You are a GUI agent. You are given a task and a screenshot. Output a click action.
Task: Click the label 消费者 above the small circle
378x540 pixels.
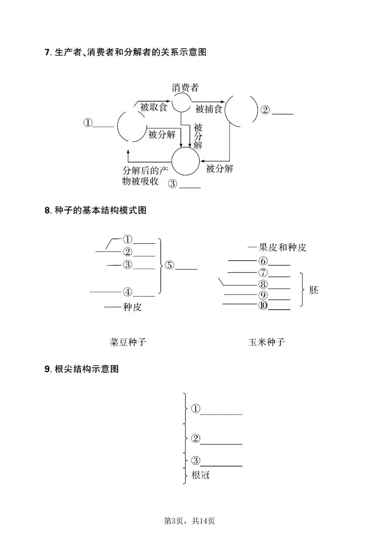(x=185, y=88)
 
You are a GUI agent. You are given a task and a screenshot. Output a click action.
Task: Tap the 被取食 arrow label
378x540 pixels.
(x=154, y=107)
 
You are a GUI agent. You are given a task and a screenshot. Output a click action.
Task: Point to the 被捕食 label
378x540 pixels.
(x=209, y=109)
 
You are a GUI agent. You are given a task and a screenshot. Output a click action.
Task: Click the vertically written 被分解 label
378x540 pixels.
(x=198, y=137)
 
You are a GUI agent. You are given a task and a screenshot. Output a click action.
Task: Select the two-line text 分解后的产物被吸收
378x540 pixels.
(x=141, y=176)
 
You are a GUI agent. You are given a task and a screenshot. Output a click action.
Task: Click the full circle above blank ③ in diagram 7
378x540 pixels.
(x=185, y=161)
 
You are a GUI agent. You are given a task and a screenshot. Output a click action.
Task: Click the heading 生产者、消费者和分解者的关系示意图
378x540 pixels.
(x=131, y=53)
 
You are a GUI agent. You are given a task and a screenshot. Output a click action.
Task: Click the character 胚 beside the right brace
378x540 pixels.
(x=314, y=290)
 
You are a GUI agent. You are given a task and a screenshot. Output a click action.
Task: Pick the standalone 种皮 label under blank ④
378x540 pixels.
(x=132, y=307)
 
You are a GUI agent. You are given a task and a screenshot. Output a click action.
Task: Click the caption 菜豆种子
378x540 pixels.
(x=128, y=342)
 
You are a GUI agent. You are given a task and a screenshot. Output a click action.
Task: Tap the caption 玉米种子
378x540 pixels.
(x=267, y=342)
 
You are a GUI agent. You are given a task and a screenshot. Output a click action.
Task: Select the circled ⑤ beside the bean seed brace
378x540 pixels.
(x=169, y=265)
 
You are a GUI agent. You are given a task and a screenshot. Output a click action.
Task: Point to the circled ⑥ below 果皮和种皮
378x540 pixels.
(x=263, y=261)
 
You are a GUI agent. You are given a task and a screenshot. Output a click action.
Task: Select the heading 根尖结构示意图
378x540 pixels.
(x=87, y=369)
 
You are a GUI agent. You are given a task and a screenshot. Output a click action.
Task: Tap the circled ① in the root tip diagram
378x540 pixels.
(x=195, y=408)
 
